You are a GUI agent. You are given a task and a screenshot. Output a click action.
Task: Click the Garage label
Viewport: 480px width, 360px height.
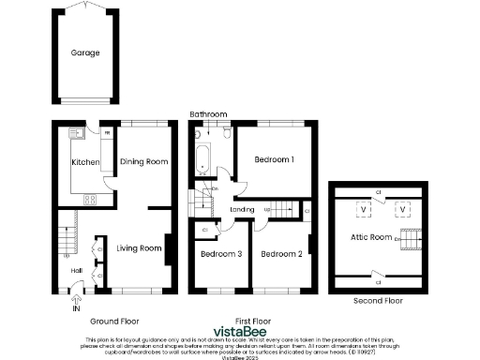coord(84,53)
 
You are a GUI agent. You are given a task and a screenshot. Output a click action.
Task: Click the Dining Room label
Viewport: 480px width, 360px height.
coord(144,162)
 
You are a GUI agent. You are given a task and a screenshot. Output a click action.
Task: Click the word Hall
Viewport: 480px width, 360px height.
coord(77,271)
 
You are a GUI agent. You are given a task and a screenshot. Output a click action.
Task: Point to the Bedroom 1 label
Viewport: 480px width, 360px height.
coord(275,159)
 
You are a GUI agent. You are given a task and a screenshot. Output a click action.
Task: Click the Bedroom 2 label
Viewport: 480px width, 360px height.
coord(280,254)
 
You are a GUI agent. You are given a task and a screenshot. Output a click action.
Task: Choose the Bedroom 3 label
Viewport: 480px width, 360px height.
coord(221,254)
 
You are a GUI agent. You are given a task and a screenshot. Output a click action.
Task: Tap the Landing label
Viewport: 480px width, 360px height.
coord(243,210)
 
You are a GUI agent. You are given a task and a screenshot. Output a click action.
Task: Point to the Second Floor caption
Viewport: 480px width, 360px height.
coord(378,301)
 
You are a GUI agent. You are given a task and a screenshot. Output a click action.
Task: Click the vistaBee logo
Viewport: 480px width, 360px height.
coord(240,331)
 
